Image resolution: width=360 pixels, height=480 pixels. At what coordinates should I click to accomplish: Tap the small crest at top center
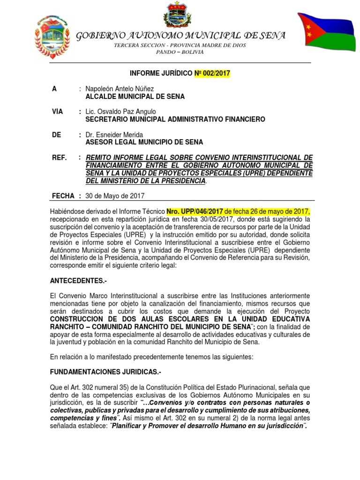tap(178, 15)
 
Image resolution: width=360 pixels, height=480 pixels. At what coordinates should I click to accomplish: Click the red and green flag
tap(326, 32)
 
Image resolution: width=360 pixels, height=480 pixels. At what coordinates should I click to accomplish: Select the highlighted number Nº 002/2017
tap(212, 73)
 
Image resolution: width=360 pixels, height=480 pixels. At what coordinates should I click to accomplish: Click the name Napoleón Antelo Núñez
tap(120, 89)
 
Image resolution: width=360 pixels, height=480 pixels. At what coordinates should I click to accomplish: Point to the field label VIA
tap(57, 112)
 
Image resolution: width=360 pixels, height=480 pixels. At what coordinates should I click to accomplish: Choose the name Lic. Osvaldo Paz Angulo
tap(121, 112)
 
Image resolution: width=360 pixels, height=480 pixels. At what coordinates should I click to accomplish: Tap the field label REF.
tap(59, 157)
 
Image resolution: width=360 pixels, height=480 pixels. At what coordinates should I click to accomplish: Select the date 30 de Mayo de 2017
tap(115, 196)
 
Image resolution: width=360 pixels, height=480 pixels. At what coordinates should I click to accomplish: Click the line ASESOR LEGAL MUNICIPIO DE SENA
tap(144, 142)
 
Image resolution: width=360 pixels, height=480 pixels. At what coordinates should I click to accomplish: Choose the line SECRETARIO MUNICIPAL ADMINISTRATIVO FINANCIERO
tap(175, 119)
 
